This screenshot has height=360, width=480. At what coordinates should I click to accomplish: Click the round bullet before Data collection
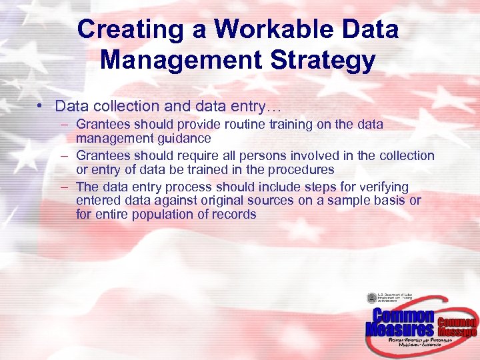click(41, 107)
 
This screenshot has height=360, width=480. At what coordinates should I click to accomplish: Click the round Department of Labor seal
click(371, 299)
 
